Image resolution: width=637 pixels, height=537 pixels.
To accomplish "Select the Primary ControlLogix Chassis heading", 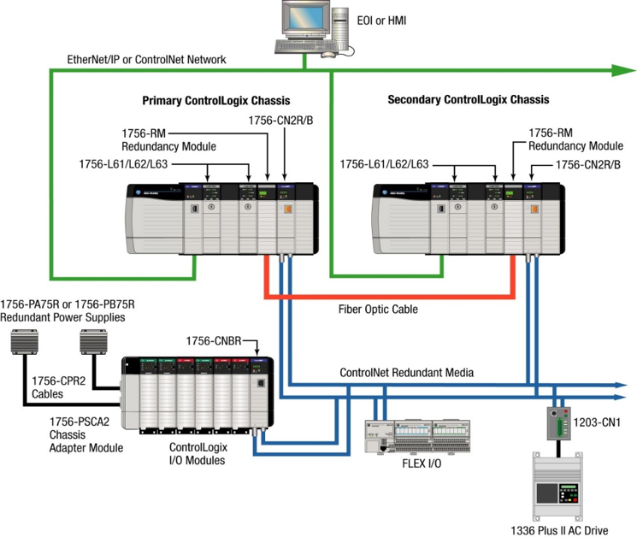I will [x=215, y=101].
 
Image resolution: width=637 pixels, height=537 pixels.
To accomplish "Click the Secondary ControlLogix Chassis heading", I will [x=469, y=100].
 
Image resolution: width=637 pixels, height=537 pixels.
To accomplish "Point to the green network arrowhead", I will [x=622, y=70].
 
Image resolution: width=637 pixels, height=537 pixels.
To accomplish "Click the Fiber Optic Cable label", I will [x=376, y=310].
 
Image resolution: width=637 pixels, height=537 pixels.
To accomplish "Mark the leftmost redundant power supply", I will [x=26, y=341].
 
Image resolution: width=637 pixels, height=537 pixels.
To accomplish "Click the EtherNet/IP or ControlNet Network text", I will [x=146, y=60].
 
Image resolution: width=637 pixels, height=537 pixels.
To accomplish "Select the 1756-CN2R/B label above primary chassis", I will [x=279, y=121].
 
